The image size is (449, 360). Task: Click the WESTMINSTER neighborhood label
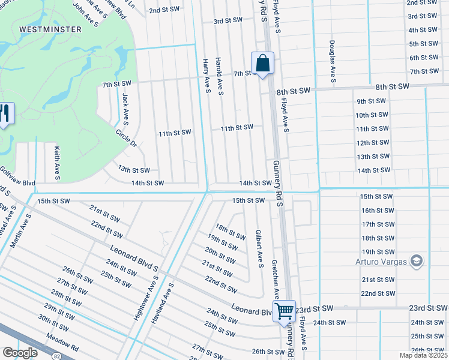tap(42, 28)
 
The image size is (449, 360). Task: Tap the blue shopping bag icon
tap(262, 63)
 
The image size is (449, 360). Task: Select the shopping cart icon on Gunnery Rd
tap(285, 311)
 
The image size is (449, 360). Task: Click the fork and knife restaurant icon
tap(5, 114)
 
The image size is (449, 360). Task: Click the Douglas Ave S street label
tap(331, 61)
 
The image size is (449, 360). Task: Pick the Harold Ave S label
tap(220, 77)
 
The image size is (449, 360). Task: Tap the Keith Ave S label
tap(56, 163)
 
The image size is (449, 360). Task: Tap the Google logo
tap(20, 353)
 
